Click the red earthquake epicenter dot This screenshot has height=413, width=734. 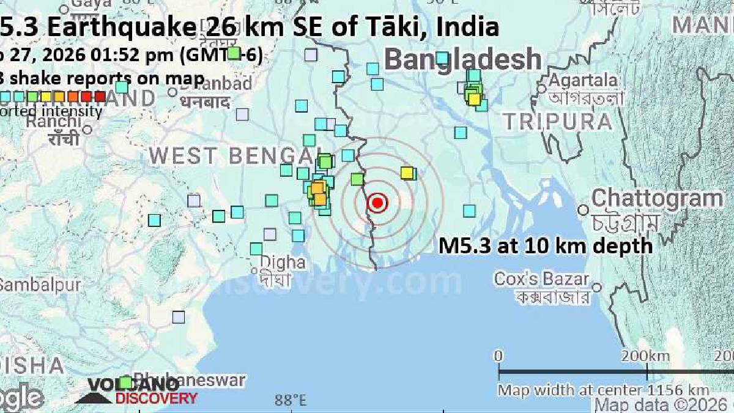377,203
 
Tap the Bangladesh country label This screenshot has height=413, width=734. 463,60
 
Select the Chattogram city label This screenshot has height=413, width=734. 656,199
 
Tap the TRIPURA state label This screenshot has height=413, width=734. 557,122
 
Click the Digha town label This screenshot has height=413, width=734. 283,262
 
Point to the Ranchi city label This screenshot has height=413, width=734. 53,121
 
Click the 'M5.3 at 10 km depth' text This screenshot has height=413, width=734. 546,246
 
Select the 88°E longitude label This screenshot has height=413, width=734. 290,401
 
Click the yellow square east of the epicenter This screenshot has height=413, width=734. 407,173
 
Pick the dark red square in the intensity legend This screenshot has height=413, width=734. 100,96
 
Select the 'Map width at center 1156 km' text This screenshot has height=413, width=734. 603,390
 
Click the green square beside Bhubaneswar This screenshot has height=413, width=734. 125,382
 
